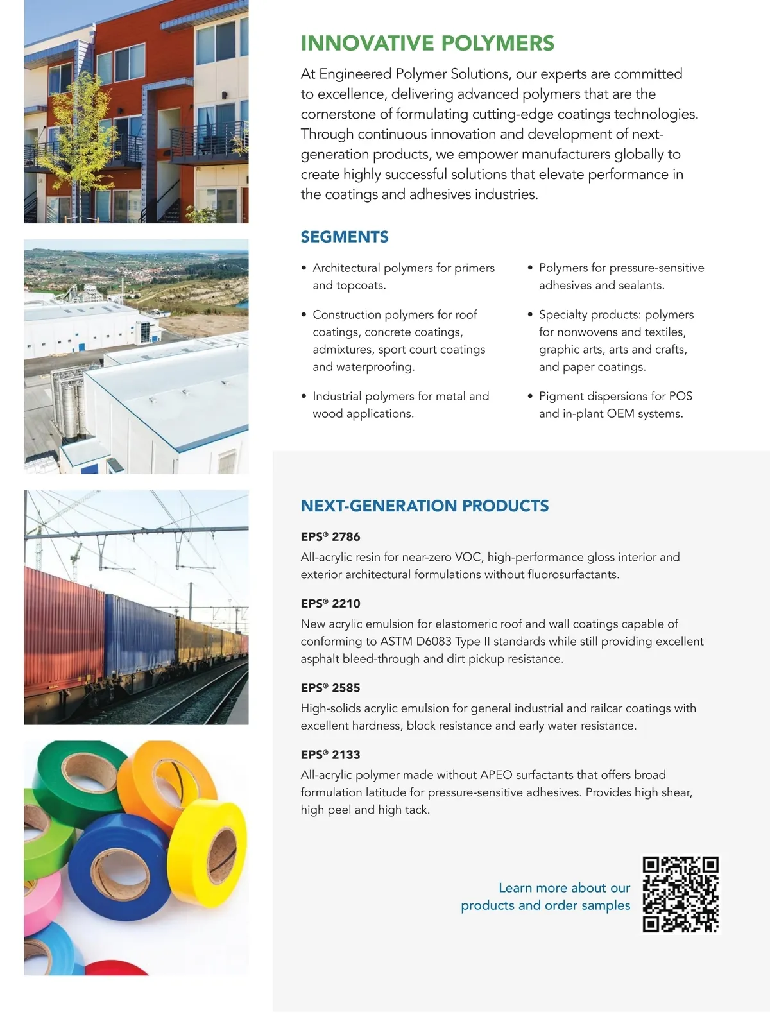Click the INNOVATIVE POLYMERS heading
click(427, 44)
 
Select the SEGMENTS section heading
click(345, 237)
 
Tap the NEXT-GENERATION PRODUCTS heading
click(425, 506)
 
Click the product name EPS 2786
click(330, 536)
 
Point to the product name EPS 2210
click(330, 603)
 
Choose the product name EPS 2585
click(330, 688)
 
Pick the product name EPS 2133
click(330, 755)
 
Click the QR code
click(680, 894)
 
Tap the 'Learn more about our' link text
click(564, 888)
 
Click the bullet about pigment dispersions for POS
click(615, 405)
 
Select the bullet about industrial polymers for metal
click(400, 405)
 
